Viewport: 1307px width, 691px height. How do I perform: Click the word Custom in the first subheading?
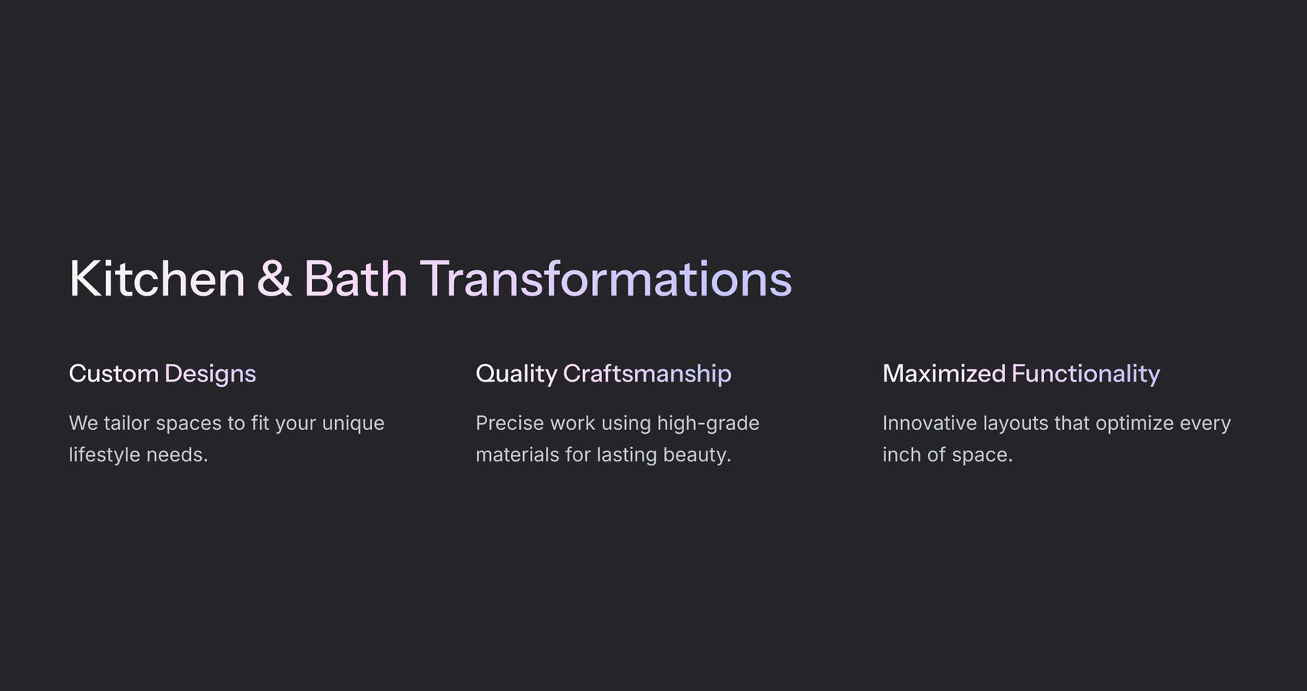114,374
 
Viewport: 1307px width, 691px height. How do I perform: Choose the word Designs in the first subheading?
209,374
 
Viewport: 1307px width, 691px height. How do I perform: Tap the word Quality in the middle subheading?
516,374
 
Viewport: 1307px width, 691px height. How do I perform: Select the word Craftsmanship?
647,374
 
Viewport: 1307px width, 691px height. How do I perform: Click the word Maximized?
943,374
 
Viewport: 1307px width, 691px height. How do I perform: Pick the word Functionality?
1085,374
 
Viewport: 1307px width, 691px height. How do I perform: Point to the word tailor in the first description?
127,423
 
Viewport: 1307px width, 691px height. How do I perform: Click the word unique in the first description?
353,424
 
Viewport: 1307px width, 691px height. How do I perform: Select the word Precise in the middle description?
509,423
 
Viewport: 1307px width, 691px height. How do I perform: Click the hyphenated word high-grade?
707,424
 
